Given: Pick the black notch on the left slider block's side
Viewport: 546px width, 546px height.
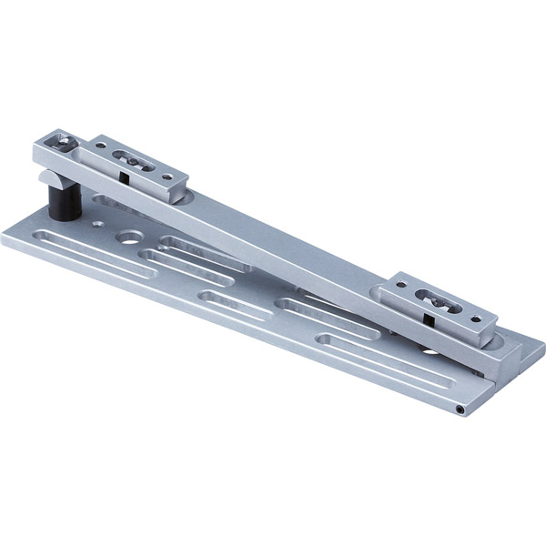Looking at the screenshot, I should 121,177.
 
